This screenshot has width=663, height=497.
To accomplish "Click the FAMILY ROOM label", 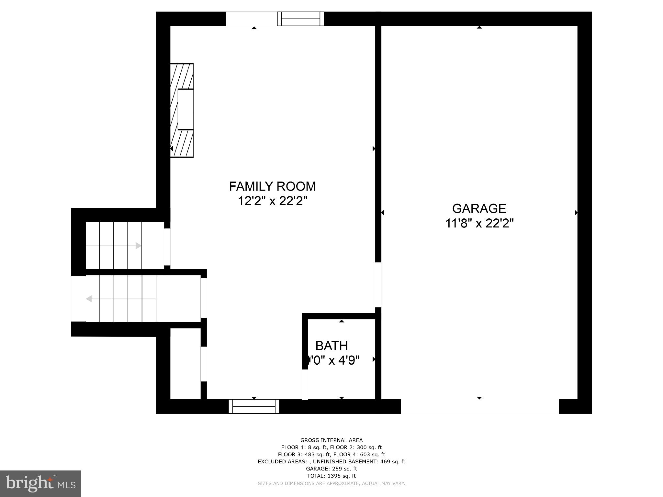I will coord(272,187).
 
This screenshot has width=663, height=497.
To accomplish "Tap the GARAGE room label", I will coord(479,209).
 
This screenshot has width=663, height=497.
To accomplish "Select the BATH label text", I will coord(331,346).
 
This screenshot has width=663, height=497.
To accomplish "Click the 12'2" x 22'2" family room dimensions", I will coord(272,201).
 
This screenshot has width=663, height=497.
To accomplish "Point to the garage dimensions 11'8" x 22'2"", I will coord(479,224).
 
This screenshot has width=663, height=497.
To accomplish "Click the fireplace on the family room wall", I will coord(182,110).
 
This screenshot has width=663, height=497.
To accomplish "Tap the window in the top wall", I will coord(300,19).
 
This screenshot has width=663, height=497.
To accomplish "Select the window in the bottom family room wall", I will coord(254,406).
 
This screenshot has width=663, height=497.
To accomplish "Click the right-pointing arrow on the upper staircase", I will coord(138,246).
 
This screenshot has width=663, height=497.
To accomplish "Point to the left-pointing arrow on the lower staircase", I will coord(89,299).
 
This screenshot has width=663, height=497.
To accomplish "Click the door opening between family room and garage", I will coord(378,285).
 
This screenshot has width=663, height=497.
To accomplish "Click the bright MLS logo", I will coord(40,483).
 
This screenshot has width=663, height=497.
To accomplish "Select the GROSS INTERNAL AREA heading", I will coord(331,440).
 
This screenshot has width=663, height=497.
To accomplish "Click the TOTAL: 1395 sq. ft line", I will coord(331,476).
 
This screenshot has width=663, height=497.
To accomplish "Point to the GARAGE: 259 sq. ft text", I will coord(331,469).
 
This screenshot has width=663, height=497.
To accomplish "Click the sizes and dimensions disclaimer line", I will coord(331,483).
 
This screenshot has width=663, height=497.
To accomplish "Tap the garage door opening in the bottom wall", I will coord(480,406).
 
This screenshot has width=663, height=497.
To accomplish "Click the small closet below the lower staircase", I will coord(185,364).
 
